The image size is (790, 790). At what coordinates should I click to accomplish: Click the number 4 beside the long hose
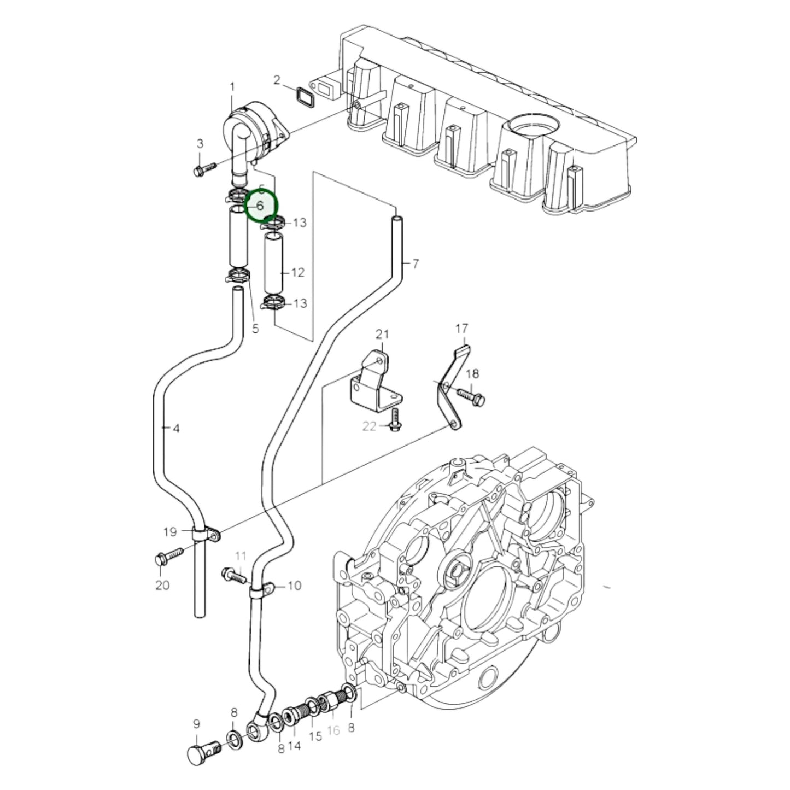175,429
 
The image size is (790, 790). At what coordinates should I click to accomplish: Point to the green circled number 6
261,206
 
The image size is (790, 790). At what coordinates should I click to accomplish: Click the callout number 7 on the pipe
416,264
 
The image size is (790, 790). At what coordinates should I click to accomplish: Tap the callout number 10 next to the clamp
294,586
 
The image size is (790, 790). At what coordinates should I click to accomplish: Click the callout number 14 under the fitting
295,746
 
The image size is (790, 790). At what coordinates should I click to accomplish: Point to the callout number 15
315,736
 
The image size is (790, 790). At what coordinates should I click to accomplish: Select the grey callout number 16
333,730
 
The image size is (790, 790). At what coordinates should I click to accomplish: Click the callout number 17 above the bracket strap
462,329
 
